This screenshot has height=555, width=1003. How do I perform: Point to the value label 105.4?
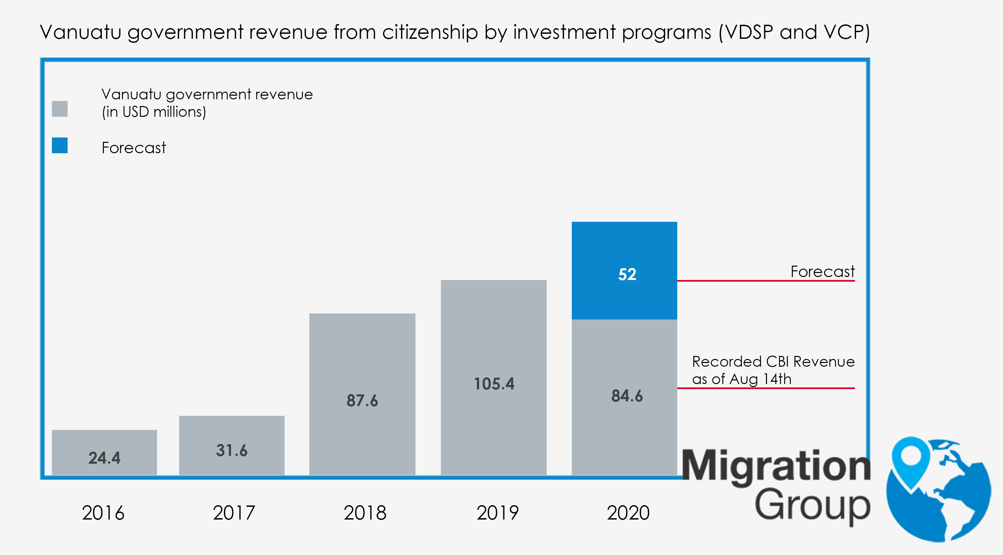(494, 384)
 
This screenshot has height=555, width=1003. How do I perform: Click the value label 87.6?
(362, 401)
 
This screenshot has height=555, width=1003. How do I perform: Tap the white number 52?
(627, 274)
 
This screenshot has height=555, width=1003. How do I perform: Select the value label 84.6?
(627, 396)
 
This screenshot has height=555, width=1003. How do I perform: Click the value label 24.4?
(104, 458)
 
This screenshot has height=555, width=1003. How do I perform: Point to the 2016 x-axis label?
(103, 513)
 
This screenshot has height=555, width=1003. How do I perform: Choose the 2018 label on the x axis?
(365, 513)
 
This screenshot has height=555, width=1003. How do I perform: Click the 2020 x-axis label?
(628, 513)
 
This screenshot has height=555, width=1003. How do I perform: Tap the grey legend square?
(60, 109)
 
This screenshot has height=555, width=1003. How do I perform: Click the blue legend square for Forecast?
(60, 145)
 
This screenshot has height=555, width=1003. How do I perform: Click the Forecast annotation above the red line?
(822, 272)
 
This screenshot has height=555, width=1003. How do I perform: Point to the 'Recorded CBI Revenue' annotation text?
(773, 362)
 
